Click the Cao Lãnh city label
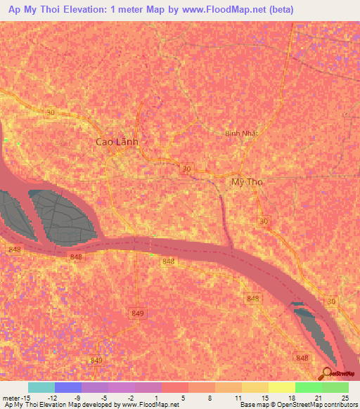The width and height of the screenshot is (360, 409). (x=117, y=142)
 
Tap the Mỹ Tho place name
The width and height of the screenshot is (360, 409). (x=247, y=181)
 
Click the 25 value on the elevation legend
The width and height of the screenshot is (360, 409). (x=345, y=397)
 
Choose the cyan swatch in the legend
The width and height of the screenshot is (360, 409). (x=41, y=387)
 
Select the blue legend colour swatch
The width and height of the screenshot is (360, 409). (x=68, y=387)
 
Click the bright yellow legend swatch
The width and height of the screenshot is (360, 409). (x=282, y=387)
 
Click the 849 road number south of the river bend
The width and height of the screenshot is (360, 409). (x=138, y=312)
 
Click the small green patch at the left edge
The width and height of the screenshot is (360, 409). (x=6, y=141)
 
